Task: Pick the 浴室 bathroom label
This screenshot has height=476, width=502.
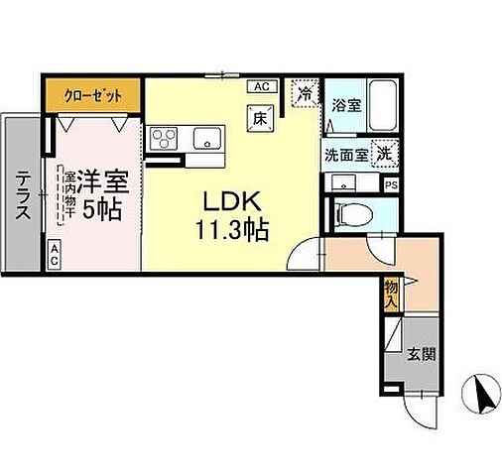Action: coord(345,104)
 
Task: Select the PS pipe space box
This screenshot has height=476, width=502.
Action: coord(392,184)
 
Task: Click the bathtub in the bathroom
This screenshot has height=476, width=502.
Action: coord(382,106)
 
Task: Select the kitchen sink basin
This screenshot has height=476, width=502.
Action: coord(206,137)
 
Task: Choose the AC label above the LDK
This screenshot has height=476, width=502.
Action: coord(262,86)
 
